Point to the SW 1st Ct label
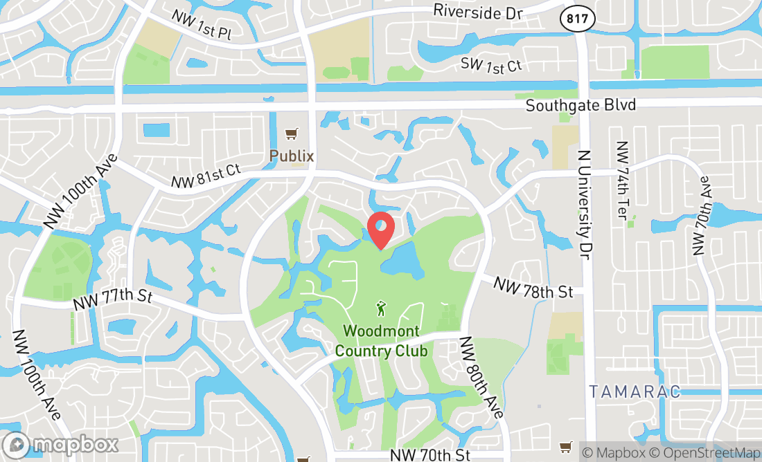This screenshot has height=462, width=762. pos(491,64)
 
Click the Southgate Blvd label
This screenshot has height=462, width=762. pos(581,106)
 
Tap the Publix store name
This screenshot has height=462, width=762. pos(292,156)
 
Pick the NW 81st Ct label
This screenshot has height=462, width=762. pos(206,177)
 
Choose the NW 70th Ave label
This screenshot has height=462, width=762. pos(700,215)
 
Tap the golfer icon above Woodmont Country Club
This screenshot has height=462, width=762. pos(380,306)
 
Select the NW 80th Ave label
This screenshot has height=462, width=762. pos(481,376)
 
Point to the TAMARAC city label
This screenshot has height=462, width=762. pos(635,391)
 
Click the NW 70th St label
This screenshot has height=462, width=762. pos(430,454)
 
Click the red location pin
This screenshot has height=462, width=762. pos(380,230)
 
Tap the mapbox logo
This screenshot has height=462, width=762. pos(60,443)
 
